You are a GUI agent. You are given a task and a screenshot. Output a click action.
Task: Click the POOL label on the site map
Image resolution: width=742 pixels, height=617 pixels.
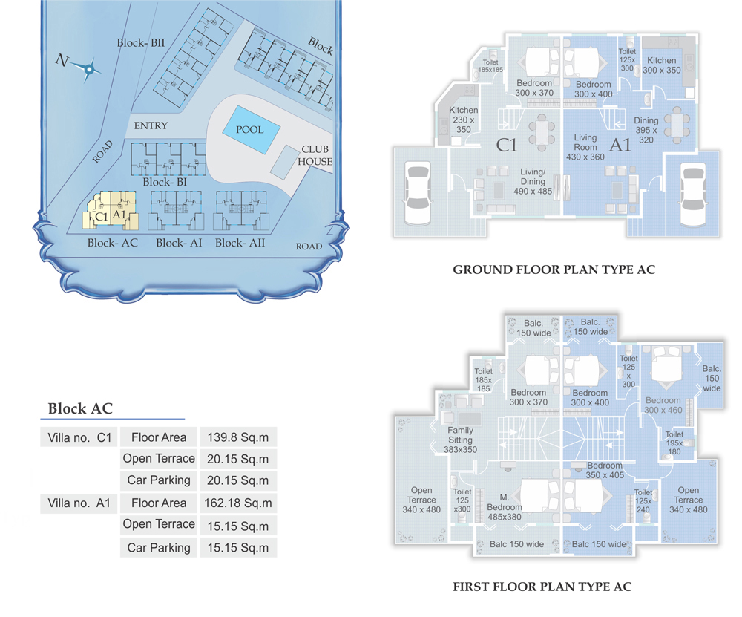pyautogui.click(x=250, y=130)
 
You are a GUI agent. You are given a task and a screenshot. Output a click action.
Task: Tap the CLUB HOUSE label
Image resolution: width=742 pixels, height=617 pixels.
pyautogui.click(x=315, y=155)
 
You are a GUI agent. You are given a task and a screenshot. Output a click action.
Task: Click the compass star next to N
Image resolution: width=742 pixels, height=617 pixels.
pyautogui.click(x=88, y=70)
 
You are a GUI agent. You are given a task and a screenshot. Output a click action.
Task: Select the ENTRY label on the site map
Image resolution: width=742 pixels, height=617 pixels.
pyautogui.click(x=151, y=125)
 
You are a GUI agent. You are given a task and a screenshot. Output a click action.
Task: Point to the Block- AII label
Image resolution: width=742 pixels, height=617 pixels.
pyautogui.click(x=240, y=243)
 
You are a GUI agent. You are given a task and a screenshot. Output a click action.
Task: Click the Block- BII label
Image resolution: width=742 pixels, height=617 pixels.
pyautogui.click(x=141, y=43)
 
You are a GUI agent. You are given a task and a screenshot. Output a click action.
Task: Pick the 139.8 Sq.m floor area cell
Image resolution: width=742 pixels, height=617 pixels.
pyautogui.click(x=238, y=437)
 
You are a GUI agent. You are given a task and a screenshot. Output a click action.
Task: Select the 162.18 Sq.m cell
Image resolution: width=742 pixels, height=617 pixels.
pyautogui.click(x=238, y=503)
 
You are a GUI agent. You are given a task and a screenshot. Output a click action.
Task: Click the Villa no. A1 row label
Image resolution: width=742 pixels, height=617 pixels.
pyautogui.click(x=79, y=503)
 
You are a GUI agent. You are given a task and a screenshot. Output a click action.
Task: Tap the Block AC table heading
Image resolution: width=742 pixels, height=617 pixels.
pyautogui.click(x=80, y=408)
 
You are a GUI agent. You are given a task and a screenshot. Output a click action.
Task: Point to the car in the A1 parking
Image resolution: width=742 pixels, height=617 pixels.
pyautogui.click(x=693, y=195)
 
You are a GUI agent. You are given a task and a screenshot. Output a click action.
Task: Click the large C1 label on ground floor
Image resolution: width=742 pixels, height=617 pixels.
pyautogui.click(x=506, y=145)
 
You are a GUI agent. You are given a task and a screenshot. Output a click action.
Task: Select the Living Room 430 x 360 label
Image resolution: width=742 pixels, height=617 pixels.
pyautogui.click(x=585, y=147)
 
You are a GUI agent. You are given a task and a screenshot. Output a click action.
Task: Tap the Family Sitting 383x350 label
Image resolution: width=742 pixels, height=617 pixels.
pyautogui.click(x=461, y=440)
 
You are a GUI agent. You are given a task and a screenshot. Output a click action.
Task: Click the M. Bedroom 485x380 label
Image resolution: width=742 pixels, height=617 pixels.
pyautogui.click(x=505, y=507)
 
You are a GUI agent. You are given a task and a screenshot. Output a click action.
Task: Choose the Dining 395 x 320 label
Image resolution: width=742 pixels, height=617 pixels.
pyautogui.click(x=646, y=130)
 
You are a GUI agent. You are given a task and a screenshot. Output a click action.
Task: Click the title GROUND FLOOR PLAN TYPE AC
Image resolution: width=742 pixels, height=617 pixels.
pyautogui.click(x=554, y=270)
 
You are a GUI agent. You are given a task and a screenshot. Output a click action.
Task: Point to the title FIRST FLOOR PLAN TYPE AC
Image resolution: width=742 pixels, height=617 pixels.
pyautogui.click(x=542, y=587)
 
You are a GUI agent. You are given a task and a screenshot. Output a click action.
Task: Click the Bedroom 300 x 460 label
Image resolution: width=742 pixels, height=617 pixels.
pyautogui.click(x=663, y=405)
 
